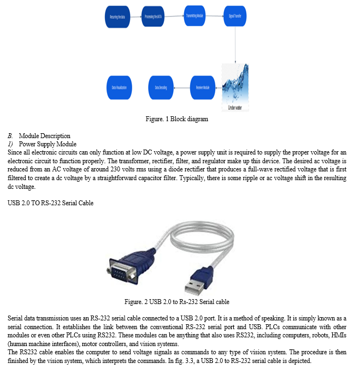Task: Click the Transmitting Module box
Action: pos(195,17)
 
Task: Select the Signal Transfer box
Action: pos(235,17)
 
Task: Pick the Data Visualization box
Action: pos(121,87)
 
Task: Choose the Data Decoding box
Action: pos(161,87)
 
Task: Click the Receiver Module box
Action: pos(202,87)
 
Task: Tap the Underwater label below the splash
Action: pos(235,108)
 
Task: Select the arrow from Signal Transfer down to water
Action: pos(235,44)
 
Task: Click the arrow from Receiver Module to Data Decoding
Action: pos(182,87)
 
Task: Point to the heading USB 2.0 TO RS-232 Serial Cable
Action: pos(50,203)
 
